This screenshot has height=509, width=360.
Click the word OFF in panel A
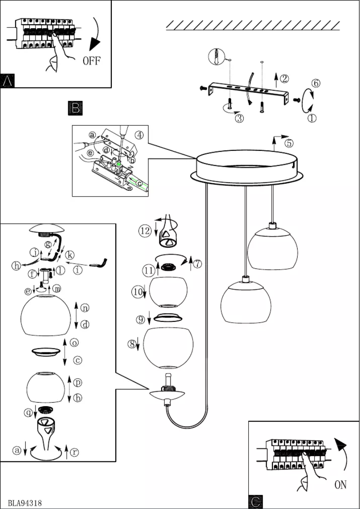pyautogui.click(x=92, y=61)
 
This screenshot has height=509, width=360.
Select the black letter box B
pyautogui.click(x=75, y=108)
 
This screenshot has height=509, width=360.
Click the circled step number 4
pyautogui.click(x=140, y=134)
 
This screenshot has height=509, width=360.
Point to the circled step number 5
pyautogui.click(x=289, y=144)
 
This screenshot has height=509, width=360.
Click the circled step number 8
pyautogui.click(x=131, y=344)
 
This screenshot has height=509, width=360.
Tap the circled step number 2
pyautogui.click(x=284, y=79)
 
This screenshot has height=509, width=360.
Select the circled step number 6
pyautogui.click(x=316, y=83)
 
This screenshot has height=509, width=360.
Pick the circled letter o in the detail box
pyautogui.click(x=75, y=342)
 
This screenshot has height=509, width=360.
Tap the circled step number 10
pyautogui.click(x=137, y=292)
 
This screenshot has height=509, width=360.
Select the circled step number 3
pyautogui.click(x=239, y=118)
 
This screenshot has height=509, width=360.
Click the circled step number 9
pyautogui.click(x=140, y=320)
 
